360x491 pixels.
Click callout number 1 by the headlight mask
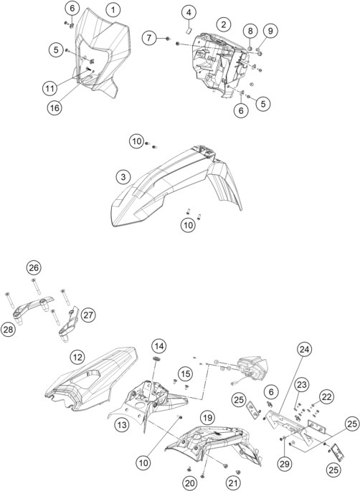[x=113, y=10]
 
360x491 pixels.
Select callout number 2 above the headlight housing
[x=224, y=24]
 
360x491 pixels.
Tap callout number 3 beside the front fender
[x=123, y=177]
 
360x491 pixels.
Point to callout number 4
[x=189, y=12]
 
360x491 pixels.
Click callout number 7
[x=149, y=38]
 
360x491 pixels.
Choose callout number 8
[x=250, y=31]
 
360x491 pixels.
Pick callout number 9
[x=270, y=31]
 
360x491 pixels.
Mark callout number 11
[x=49, y=88]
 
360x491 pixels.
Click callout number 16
[x=55, y=108]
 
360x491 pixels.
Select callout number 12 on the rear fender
[x=77, y=357]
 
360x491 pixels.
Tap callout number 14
[x=159, y=346]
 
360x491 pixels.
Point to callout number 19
[x=207, y=417]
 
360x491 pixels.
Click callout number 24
[x=304, y=349]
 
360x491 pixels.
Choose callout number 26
[x=34, y=268]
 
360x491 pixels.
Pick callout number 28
[x=8, y=330]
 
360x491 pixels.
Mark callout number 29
[x=285, y=464]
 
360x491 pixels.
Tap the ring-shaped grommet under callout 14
[x=156, y=358]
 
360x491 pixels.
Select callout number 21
[x=233, y=483]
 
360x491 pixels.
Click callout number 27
[x=88, y=315]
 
